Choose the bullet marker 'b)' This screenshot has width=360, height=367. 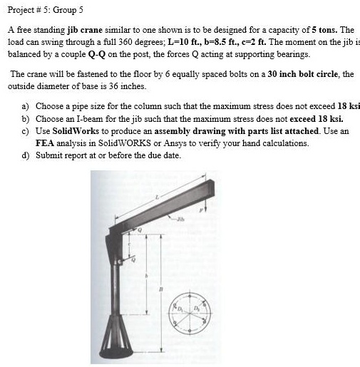coord(26,118)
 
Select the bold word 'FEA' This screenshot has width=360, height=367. coord(44,143)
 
